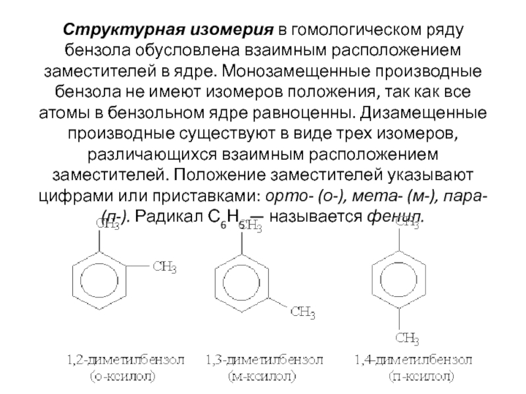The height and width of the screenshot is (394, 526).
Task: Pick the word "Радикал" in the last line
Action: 173,216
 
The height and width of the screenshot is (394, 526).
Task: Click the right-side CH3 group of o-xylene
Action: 164,267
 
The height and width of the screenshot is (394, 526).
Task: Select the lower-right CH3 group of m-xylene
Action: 303,311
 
